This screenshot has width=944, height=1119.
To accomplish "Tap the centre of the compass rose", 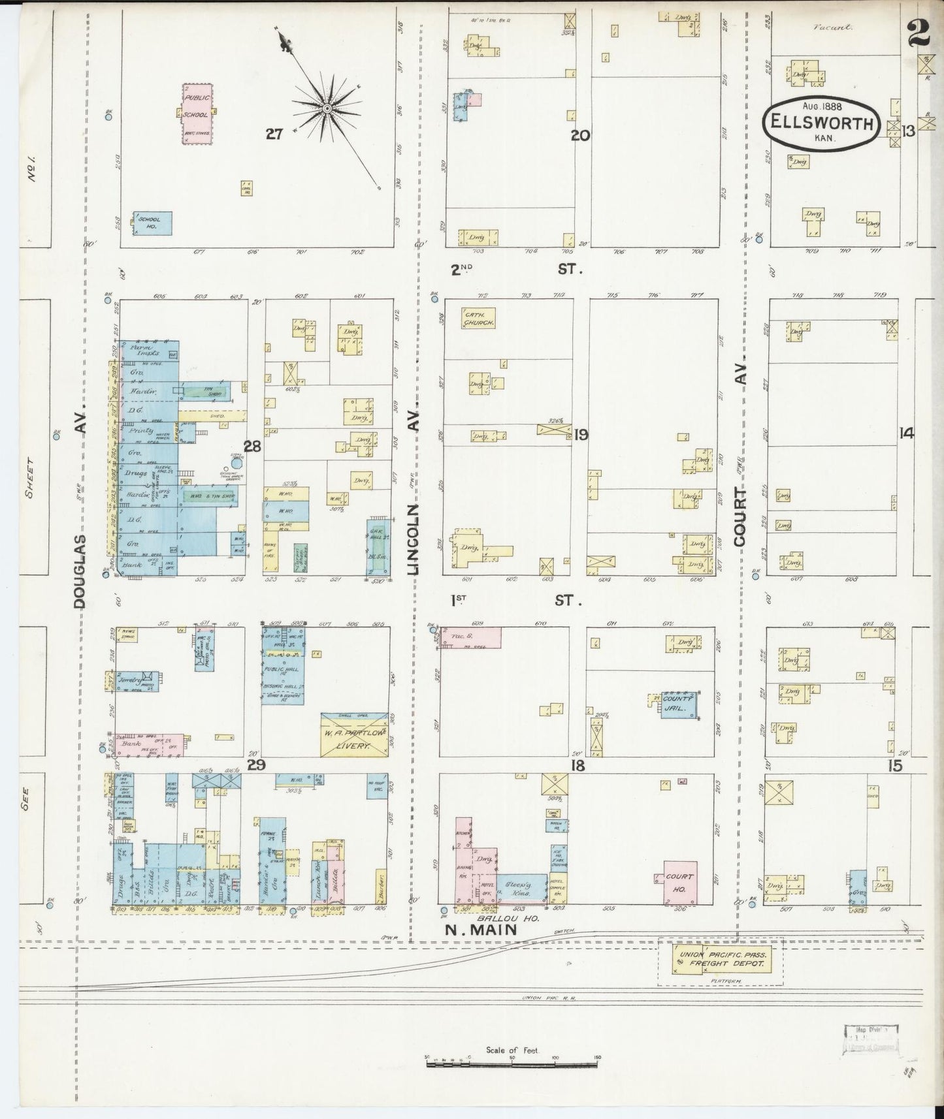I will click(x=326, y=108).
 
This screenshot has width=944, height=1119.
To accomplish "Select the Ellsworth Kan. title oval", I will click(x=822, y=123).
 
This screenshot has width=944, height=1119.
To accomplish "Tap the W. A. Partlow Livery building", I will click(x=354, y=735).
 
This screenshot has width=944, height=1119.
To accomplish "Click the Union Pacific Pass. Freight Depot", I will click(x=721, y=962).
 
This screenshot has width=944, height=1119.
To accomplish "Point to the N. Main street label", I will click(x=481, y=930).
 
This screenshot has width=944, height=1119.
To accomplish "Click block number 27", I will click(x=274, y=134).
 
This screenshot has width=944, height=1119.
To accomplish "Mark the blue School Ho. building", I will click(x=153, y=223).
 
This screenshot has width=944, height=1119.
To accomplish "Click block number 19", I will click(x=581, y=435).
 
